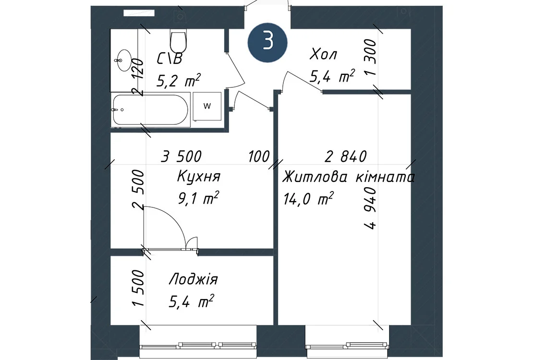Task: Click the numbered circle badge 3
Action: tap(268, 42)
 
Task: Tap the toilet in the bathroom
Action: tap(179, 40)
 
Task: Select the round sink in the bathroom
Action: tap(123, 60)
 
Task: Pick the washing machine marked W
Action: tap(207, 106)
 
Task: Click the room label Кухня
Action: tap(199, 177)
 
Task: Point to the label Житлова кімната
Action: tap(349, 178)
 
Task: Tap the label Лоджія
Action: tap(193, 279)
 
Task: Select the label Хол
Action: tap(323, 55)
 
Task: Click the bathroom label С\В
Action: tap(170, 59)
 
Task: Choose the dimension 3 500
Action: tap(181, 156)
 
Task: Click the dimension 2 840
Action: tap(346, 156)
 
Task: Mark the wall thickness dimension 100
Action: tap(259, 157)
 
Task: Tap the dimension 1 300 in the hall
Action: tap(371, 57)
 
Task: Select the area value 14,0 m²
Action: tap(308, 199)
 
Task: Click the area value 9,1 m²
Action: tap(198, 198)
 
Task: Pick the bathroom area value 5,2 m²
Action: tap(179, 80)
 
